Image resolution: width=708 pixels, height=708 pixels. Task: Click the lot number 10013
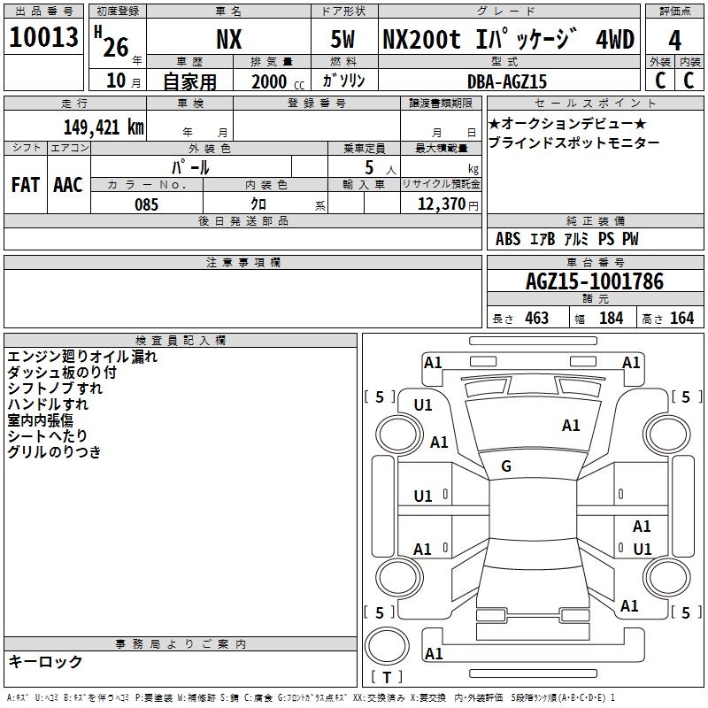(43, 37)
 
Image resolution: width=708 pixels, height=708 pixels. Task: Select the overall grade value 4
(674, 41)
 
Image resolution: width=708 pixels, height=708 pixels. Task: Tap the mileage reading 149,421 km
(104, 127)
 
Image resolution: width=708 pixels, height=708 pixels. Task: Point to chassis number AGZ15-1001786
(595, 281)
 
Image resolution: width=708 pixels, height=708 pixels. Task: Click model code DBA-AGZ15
(506, 81)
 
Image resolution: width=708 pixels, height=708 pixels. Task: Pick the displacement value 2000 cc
(278, 81)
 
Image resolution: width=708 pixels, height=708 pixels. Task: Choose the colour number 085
(146, 204)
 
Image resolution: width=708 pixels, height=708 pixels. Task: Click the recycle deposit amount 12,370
(441, 204)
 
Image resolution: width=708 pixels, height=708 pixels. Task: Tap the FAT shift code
(26, 185)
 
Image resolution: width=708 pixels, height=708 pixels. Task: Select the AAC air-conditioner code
(68, 185)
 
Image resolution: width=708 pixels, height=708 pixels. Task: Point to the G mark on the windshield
(506, 466)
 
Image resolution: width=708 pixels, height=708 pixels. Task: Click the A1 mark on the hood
(571, 426)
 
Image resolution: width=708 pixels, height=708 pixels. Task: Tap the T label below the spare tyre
(387, 677)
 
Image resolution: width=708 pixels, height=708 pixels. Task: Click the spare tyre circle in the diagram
(387, 646)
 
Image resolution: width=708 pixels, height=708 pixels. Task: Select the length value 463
(537, 318)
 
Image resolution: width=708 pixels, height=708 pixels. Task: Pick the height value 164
(681, 318)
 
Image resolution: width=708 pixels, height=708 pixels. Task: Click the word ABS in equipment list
(508, 239)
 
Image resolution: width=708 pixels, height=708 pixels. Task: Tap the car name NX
(229, 40)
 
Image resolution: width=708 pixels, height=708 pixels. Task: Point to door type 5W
(342, 40)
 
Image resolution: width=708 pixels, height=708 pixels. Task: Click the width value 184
(612, 318)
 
